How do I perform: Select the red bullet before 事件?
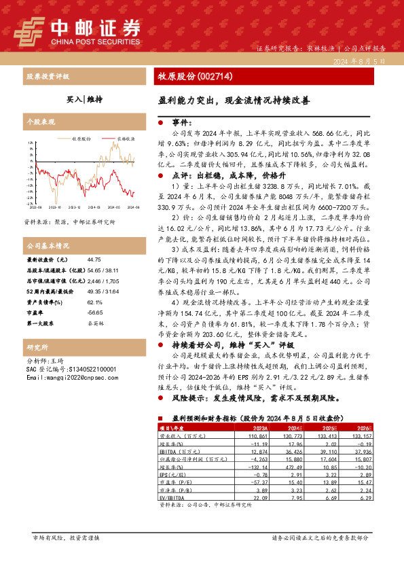click(x=160, y=123)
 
